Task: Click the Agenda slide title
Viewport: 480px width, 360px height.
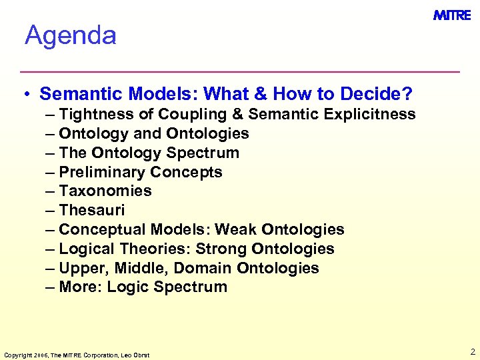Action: click(71, 35)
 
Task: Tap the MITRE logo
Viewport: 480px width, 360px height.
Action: click(452, 15)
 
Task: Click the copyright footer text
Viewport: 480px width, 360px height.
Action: click(77, 355)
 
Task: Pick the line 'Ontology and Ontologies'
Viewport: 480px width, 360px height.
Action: click(153, 133)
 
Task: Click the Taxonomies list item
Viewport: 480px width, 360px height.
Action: click(105, 191)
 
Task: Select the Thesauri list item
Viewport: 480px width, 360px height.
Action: click(91, 211)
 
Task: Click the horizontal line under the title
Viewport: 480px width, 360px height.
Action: click(240, 71)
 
